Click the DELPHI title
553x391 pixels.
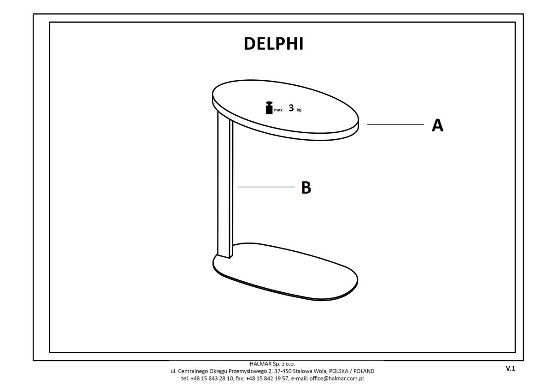pyautogui.click(x=274, y=44)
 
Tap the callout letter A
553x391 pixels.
pyautogui.click(x=437, y=125)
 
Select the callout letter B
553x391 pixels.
pyautogui.click(x=306, y=188)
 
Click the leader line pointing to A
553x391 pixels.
pyautogui.click(x=395, y=125)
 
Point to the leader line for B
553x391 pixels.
pyautogui.click(x=266, y=187)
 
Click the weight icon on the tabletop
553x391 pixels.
pyautogui.click(x=269, y=108)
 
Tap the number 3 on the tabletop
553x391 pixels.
pyautogui.click(x=291, y=108)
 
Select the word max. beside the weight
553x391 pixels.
pyautogui.click(x=279, y=110)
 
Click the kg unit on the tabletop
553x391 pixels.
pyautogui.click(x=299, y=110)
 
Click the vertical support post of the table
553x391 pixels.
pyautogui.click(x=225, y=184)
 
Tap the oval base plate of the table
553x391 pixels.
pyautogui.click(x=285, y=272)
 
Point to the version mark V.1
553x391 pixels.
pyautogui.click(x=511, y=368)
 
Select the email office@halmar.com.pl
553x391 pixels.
pyautogui.click(x=336, y=379)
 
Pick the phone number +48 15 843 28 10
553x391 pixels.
pyautogui.click(x=212, y=379)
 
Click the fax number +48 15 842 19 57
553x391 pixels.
pyautogui.click(x=267, y=379)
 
